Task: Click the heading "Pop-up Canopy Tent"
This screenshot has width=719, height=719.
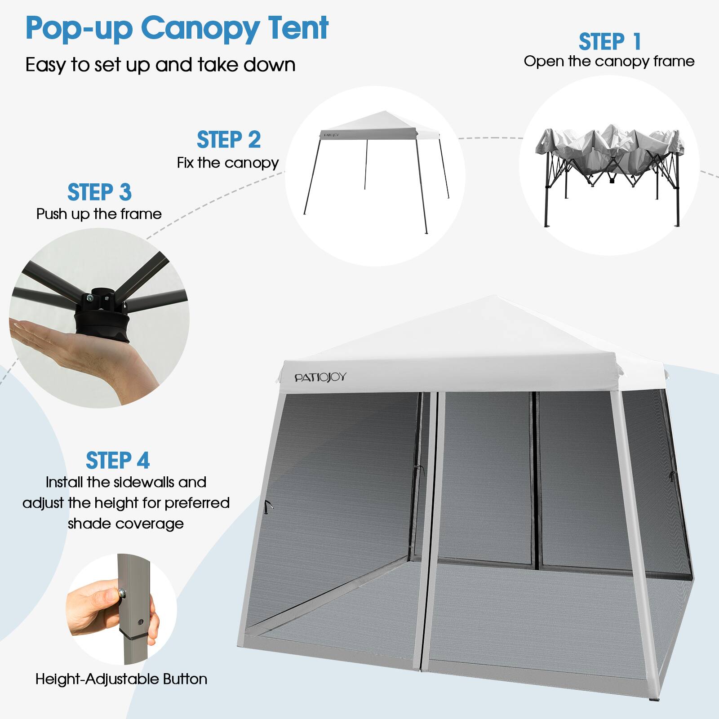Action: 177,28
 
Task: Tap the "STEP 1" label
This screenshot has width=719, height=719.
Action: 609,42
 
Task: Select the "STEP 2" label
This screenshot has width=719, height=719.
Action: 229,140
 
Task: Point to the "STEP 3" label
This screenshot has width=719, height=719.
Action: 99,192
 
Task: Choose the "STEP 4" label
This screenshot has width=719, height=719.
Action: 118,461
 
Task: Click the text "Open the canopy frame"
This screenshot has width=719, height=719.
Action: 609,62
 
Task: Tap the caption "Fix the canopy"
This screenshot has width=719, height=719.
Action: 228,163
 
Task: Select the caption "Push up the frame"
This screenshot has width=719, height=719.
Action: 99,214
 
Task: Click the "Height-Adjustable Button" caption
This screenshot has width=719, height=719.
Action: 121,679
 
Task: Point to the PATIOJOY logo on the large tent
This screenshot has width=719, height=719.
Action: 320,377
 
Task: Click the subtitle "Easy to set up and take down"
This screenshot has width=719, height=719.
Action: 160,65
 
